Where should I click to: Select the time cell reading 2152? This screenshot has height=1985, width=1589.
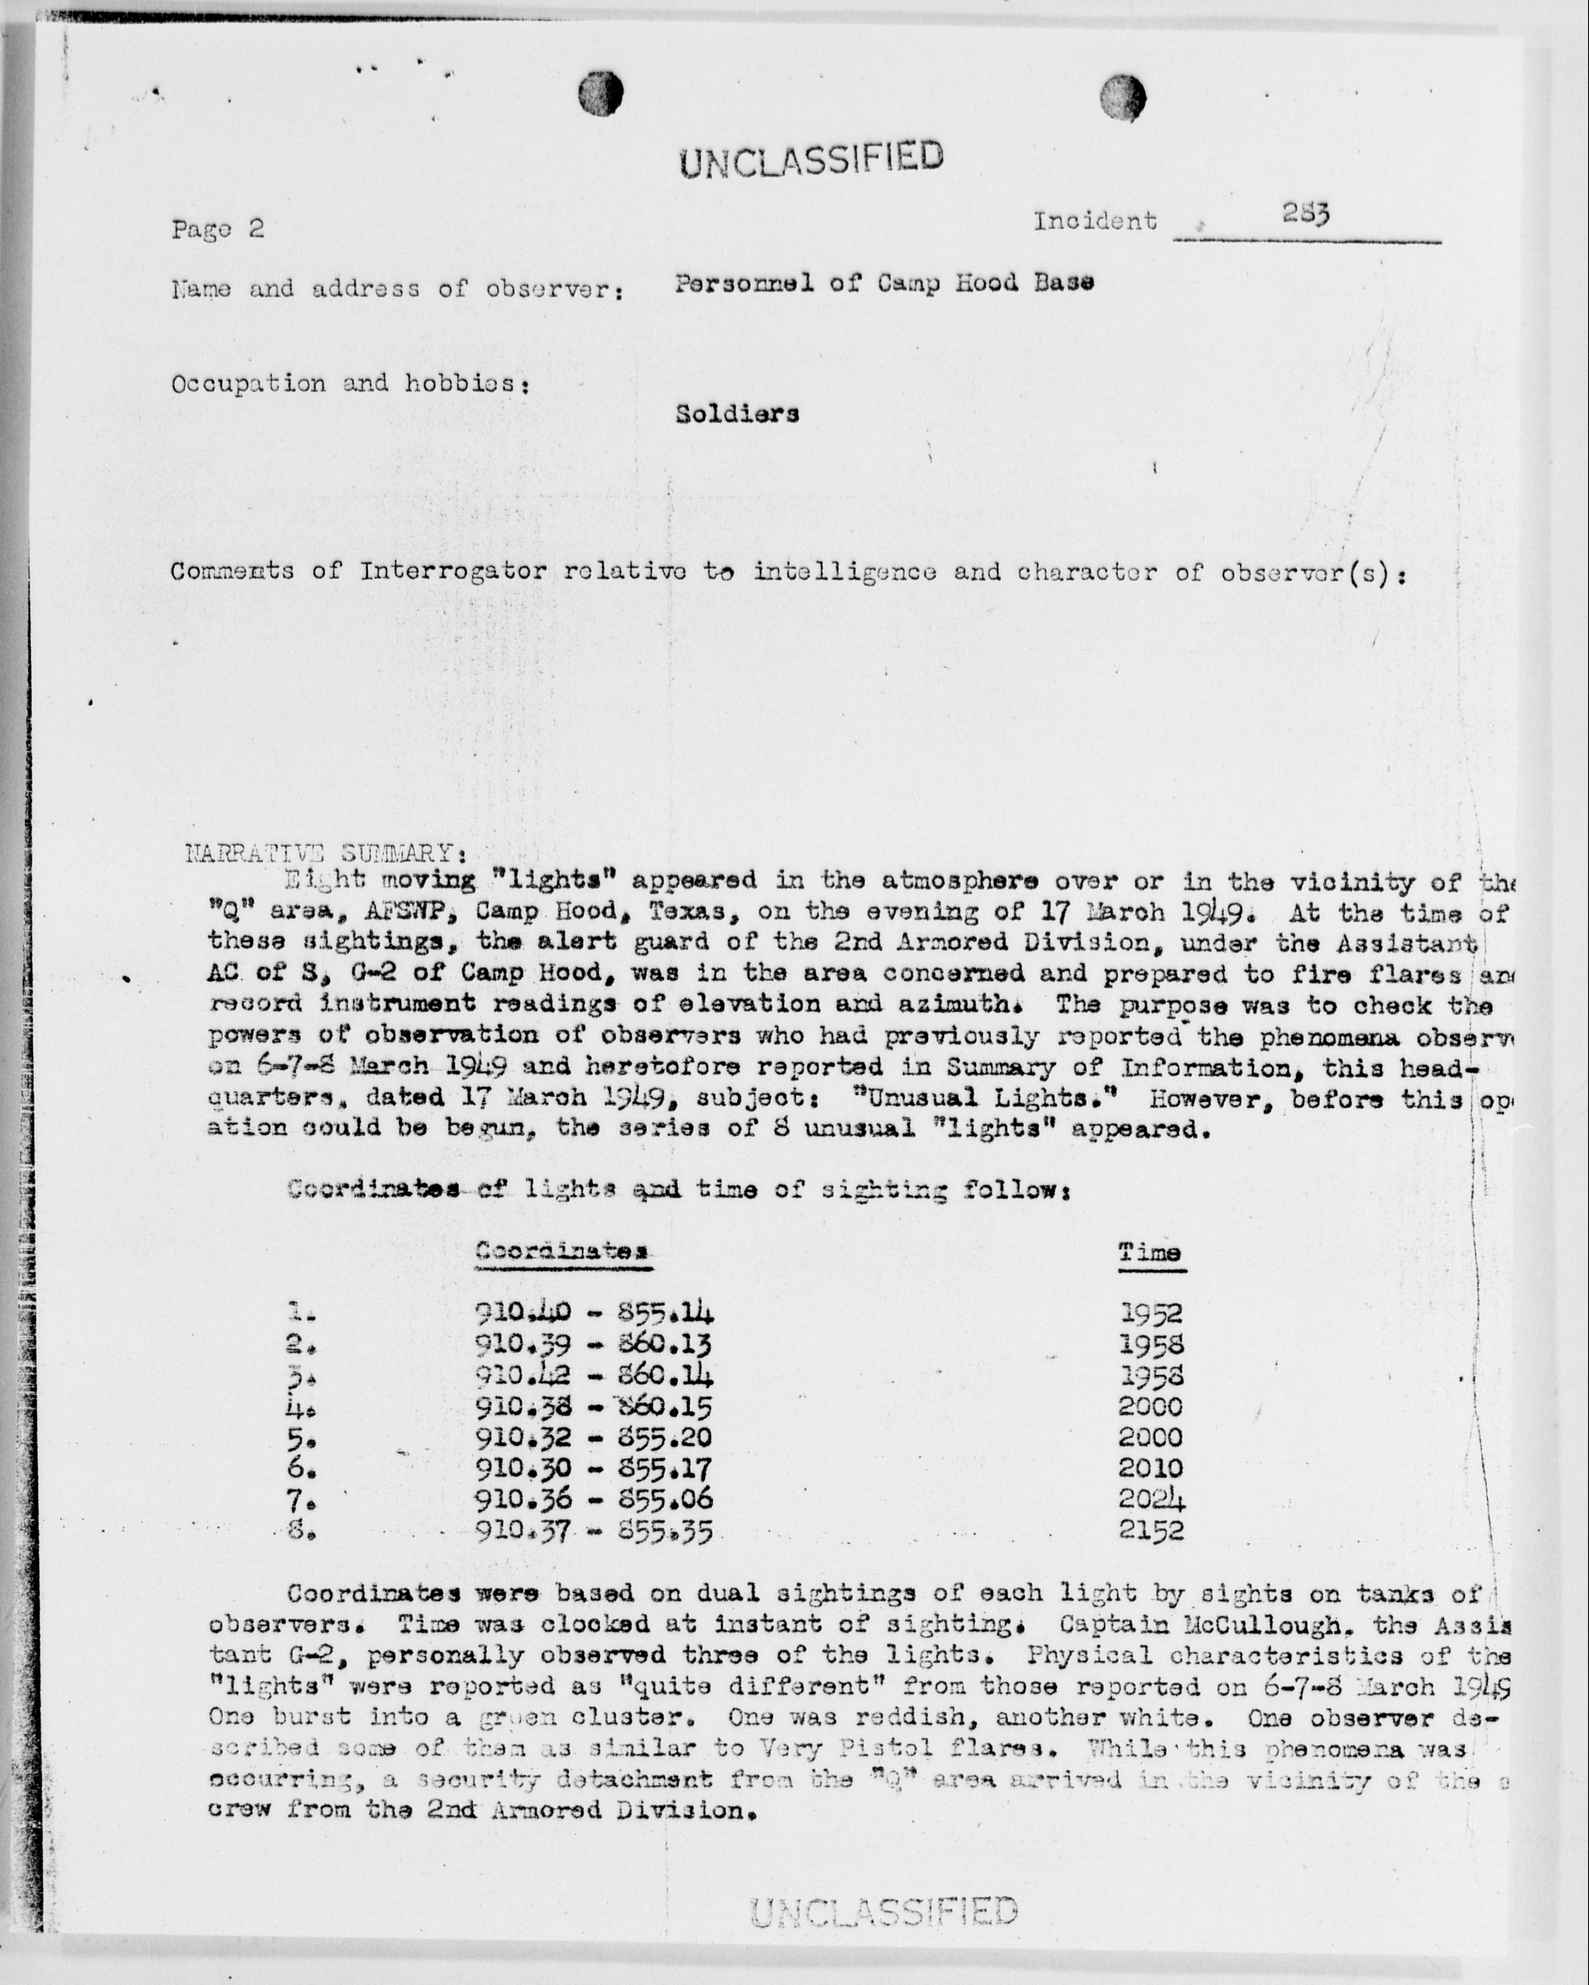[x=1151, y=1530]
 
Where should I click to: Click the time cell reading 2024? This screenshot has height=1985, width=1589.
[x=1151, y=1499]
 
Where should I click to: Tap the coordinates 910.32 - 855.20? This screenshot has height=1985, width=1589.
[x=594, y=1437]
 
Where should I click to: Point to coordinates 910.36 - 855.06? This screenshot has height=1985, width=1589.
[x=594, y=1499]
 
